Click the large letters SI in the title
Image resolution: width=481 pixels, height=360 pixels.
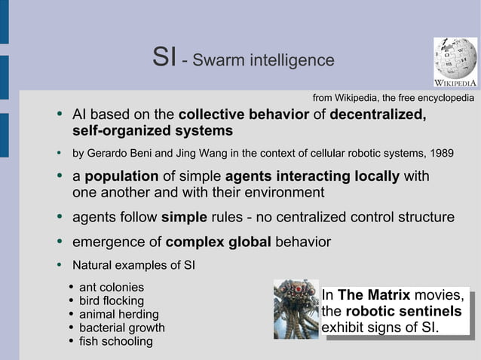point(164,57)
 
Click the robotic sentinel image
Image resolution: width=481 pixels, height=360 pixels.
point(296,308)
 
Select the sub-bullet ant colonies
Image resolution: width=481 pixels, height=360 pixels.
point(111,287)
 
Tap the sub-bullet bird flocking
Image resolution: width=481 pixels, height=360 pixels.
point(112,301)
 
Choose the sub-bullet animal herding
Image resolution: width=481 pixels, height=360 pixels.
point(119,314)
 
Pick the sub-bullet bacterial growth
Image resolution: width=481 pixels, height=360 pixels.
point(121,328)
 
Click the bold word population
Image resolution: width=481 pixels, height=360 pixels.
point(121,177)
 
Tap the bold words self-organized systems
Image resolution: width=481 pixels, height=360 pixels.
point(152,131)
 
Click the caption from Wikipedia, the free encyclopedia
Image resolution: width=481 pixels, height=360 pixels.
point(393,98)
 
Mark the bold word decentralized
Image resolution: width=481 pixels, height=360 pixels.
point(378,115)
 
